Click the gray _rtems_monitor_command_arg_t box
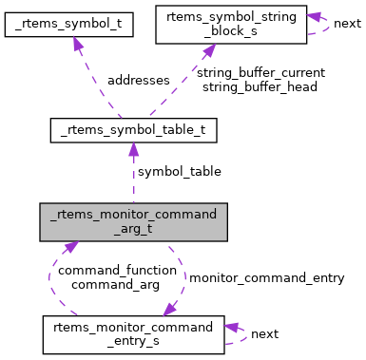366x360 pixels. coord(133,220)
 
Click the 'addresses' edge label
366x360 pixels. coord(139,81)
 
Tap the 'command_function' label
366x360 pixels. coord(117,270)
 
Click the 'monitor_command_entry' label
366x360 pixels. coord(265,277)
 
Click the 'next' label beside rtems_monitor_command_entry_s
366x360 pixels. coord(264,333)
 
